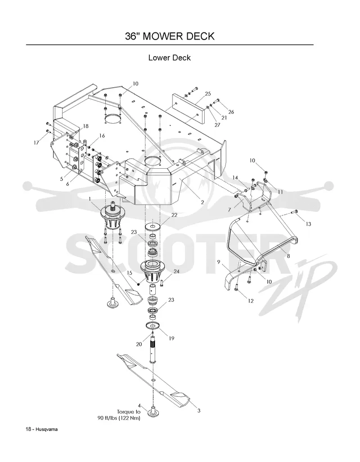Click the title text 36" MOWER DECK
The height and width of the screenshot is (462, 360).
click(x=170, y=36)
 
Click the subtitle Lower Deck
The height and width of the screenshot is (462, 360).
click(x=170, y=58)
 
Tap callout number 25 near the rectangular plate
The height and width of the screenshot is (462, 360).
click(x=208, y=94)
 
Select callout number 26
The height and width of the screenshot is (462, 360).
click(x=231, y=112)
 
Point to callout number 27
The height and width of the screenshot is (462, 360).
click(x=217, y=125)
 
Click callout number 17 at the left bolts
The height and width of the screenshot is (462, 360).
click(x=36, y=143)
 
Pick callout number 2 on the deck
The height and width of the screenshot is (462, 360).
click(x=202, y=202)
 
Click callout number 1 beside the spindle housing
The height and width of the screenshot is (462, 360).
click(x=90, y=199)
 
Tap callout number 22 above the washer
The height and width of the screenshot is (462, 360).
click(x=174, y=215)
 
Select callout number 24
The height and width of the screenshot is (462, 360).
click(x=176, y=271)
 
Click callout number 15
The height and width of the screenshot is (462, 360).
click(x=130, y=273)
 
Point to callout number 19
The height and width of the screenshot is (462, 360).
click(x=171, y=339)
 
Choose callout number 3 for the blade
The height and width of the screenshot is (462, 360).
click(x=199, y=410)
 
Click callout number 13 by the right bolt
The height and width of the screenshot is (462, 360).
click(x=308, y=224)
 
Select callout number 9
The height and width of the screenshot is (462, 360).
click(x=219, y=262)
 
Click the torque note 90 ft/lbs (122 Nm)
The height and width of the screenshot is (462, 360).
click(x=119, y=418)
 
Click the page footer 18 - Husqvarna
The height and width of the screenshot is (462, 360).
click(x=41, y=429)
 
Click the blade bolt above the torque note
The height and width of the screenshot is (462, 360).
click(x=153, y=411)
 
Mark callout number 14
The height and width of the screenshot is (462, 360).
click(x=235, y=178)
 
